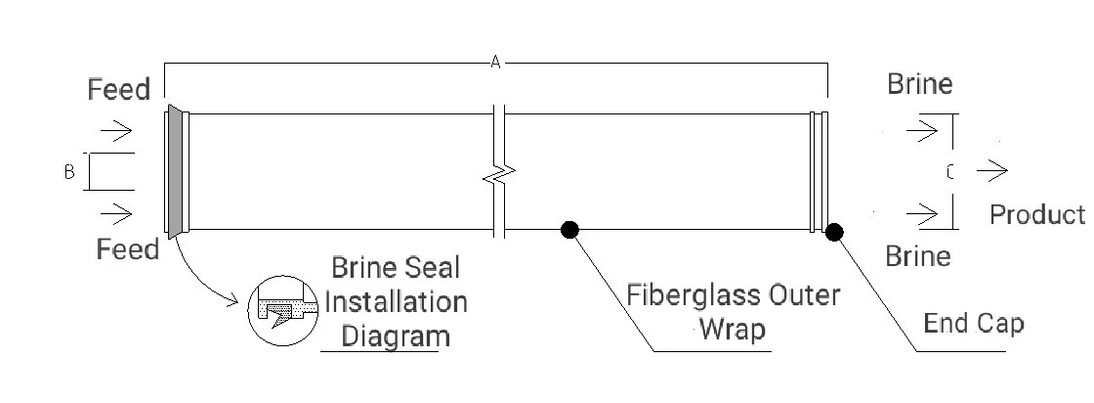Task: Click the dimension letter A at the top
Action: [495, 63]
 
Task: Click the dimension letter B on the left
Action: [69, 172]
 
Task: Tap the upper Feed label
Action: [118, 89]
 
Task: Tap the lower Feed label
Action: [128, 248]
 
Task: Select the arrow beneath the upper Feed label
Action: [116, 131]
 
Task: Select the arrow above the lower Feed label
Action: [116, 212]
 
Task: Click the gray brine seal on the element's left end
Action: [175, 171]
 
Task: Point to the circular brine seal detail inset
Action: [283, 311]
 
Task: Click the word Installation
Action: [397, 302]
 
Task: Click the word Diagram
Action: [396, 336]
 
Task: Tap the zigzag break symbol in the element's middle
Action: [499, 174]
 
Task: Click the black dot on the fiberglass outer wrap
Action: [570, 229]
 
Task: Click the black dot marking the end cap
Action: [834, 232]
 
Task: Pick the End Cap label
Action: [973, 324]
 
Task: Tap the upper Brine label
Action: [919, 84]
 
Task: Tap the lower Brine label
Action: [918, 256]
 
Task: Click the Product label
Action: [1037, 214]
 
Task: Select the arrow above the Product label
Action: [991, 170]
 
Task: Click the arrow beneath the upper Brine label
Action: [922, 131]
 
